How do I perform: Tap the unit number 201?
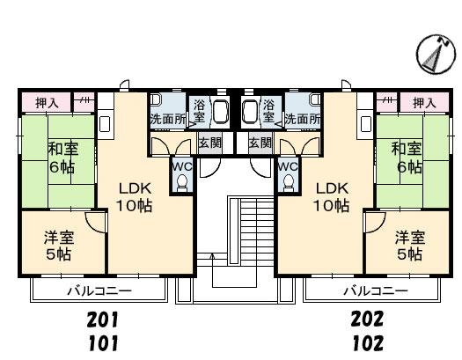click(103, 320)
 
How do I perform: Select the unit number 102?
click(369, 343)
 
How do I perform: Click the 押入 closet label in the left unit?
click(47, 103)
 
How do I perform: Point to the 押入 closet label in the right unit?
click(424, 103)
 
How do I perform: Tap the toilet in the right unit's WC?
click(289, 183)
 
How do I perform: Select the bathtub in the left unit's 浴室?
click(221, 110)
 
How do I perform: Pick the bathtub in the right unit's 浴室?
click(250, 110)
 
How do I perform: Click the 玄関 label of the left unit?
click(210, 143)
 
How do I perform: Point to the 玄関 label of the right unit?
click(260, 143)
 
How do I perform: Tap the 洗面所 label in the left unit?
click(168, 120)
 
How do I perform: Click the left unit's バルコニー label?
click(99, 291)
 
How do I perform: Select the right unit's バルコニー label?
click(376, 291)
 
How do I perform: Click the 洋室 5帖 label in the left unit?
click(59, 246)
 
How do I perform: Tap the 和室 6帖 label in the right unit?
click(407, 158)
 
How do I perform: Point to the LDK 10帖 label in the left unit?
click(135, 197)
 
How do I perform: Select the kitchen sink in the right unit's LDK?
click(366, 124)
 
